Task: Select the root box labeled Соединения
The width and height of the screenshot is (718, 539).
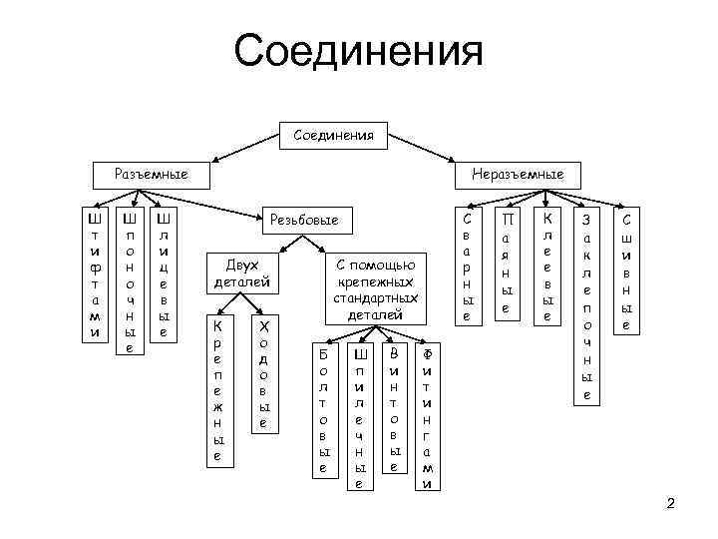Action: point(334,134)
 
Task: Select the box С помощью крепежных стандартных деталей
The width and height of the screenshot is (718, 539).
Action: point(374,285)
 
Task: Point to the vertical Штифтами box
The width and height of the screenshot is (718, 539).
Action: point(94,273)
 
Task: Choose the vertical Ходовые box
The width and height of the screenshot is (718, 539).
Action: point(262,374)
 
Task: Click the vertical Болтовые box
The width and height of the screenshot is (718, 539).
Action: point(322,410)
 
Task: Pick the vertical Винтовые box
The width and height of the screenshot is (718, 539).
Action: point(394,410)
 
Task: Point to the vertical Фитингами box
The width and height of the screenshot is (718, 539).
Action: point(428,417)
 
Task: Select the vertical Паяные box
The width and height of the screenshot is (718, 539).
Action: point(509,265)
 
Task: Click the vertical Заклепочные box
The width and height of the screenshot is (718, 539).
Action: point(586,305)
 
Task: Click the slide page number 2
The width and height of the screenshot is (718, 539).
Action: point(670,502)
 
